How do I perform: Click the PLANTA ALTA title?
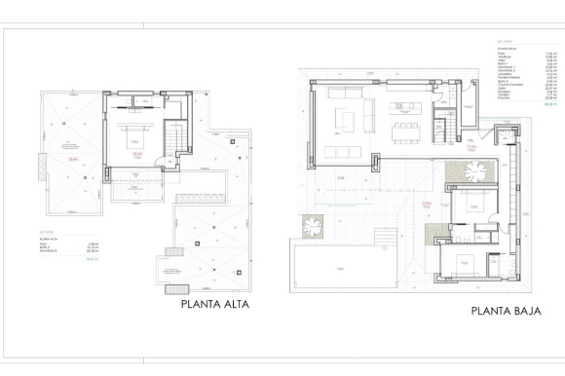(x=215, y=304)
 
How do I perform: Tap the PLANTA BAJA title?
(x=506, y=311)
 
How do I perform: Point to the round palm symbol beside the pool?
(x=312, y=225)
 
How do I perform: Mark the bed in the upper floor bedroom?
(x=134, y=139)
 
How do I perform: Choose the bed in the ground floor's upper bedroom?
(x=471, y=207)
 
